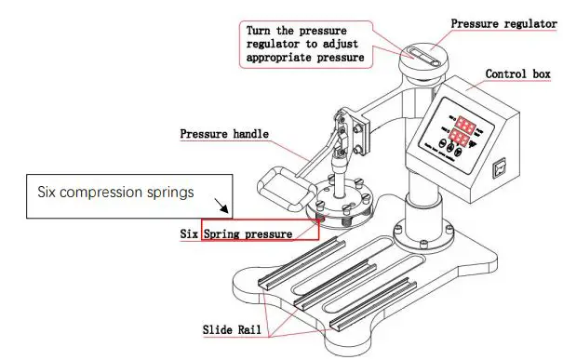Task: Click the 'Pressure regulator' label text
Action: (x=503, y=23)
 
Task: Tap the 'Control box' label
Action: (x=519, y=73)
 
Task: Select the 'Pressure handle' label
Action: (x=224, y=134)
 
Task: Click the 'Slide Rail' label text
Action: (x=234, y=329)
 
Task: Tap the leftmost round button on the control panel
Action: (x=441, y=145)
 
